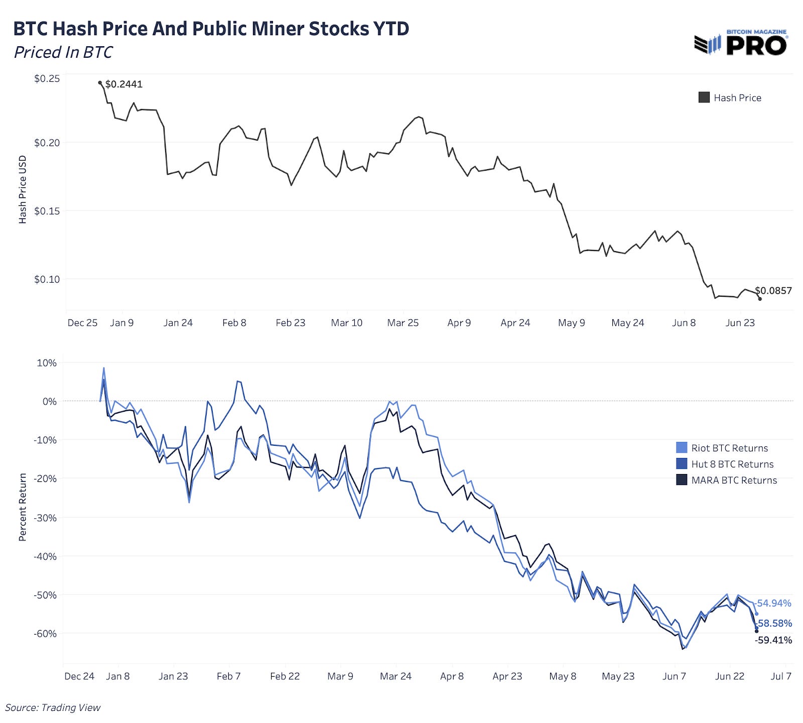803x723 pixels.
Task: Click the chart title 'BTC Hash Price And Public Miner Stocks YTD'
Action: tap(211, 29)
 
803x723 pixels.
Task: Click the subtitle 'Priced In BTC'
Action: tap(63, 52)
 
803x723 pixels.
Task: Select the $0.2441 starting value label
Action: tap(124, 84)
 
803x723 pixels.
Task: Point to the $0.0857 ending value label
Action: tap(773, 291)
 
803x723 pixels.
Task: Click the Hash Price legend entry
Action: tap(730, 98)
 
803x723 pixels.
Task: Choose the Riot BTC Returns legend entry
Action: tap(723, 448)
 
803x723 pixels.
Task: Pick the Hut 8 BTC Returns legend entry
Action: tap(725, 464)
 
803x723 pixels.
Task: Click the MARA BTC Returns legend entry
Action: tap(727, 480)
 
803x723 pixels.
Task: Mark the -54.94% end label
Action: tap(773, 603)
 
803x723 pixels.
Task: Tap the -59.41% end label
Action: tap(773, 640)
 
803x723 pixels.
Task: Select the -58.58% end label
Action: tap(774, 624)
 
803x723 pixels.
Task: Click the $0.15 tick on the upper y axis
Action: tap(47, 211)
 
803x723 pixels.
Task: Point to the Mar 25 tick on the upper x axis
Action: tap(403, 323)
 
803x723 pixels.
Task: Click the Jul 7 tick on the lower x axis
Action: tap(781, 676)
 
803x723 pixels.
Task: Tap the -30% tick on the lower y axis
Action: tap(45, 518)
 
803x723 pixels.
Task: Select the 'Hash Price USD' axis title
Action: tap(23, 190)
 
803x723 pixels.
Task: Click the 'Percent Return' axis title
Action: tap(23, 507)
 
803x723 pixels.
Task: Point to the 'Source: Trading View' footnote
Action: tap(53, 708)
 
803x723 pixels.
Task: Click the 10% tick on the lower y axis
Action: tap(47, 363)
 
